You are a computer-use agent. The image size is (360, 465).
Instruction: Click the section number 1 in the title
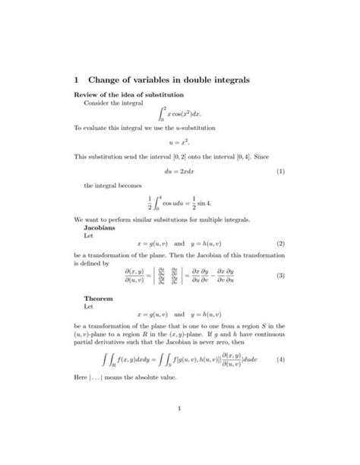(x=76, y=79)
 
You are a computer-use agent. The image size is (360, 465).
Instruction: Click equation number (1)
(x=280, y=171)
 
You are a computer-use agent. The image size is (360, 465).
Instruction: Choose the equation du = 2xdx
(x=179, y=171)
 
